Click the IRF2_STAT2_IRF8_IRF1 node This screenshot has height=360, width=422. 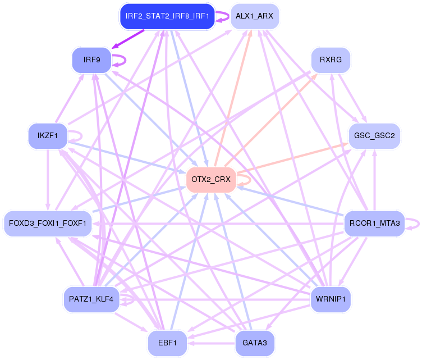click(167, 16)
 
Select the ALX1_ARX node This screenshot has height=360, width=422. click(254, 16)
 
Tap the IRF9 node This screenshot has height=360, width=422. click(91, 60)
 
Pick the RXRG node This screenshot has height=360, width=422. click(331, 60)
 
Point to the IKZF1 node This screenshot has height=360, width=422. click(48, 135)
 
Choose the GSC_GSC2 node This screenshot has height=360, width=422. click(374, 136)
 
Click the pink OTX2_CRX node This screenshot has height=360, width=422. click(210, 180)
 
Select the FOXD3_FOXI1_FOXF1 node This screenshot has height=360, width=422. click(47, 224)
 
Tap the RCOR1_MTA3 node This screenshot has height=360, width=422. click(374, 224)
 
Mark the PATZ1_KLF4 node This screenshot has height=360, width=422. click(91, 299)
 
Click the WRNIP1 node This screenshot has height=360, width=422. click(331, 299)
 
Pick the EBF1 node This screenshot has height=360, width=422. click(167, 343)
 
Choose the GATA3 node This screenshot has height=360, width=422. click(254, 343)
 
